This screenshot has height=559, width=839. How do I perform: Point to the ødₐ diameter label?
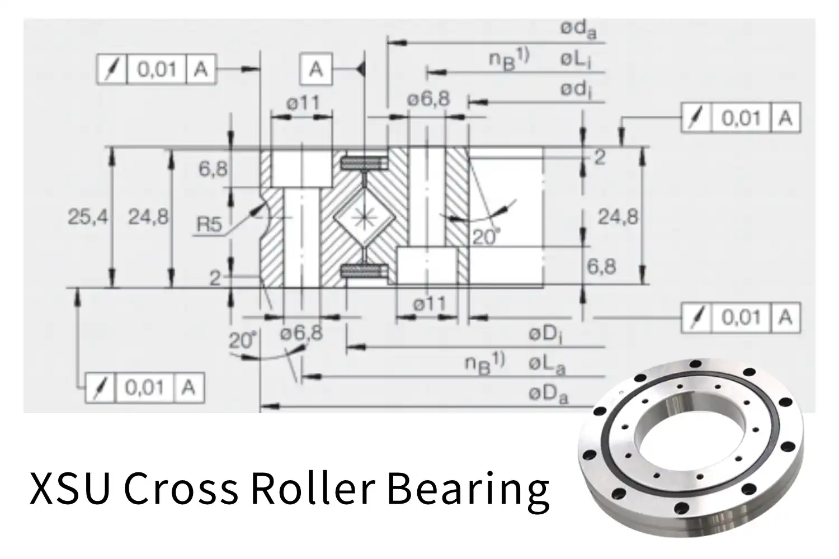pos(578,30)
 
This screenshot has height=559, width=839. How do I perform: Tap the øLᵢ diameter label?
pos(576,60)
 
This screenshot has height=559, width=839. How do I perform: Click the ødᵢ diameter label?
pos(576,90)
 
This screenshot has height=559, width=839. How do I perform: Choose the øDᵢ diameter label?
pos(546,335)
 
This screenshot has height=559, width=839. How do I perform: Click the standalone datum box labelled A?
pos(316,69)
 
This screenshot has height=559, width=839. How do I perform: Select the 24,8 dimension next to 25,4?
pos(148,217)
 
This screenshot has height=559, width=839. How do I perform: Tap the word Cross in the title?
pos(180,487)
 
